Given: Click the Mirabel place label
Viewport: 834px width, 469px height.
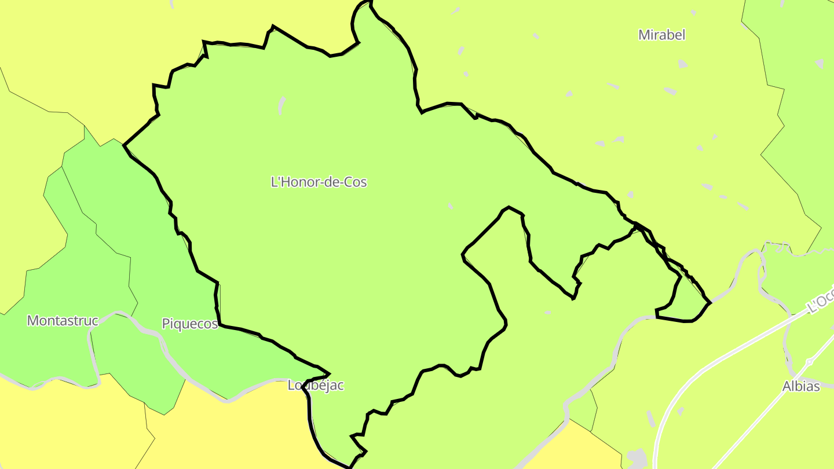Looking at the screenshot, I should (x=661, y=35).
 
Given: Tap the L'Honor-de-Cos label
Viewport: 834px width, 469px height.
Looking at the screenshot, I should (x=319, y=182).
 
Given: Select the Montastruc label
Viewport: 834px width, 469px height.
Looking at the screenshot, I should (x=63, y=320).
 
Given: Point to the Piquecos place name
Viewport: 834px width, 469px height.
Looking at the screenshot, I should (x=189, y=324).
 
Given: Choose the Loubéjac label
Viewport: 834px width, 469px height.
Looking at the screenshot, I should (x=316, y=386).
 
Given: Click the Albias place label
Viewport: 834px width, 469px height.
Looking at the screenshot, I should (x=801, y=386).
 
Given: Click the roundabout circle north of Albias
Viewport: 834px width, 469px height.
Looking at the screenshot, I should (x=809, y=362).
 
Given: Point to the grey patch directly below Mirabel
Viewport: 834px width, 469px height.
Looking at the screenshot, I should (x=683, y=64).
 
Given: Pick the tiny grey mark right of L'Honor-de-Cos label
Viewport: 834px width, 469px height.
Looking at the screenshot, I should (x=450, y=206).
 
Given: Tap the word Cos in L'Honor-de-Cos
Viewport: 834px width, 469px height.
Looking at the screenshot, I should (x=356, y=182).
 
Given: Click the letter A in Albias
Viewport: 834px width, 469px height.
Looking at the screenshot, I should (x=787, y=386).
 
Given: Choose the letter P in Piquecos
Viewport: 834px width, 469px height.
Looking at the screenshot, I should (x=165, y=324).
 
